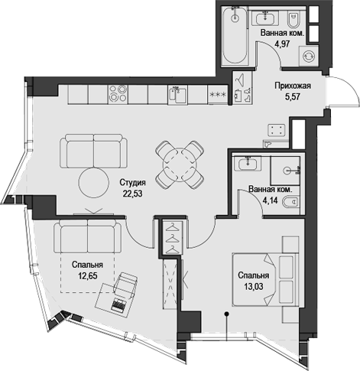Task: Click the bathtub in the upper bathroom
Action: point(235,35)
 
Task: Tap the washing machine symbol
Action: point(309,56)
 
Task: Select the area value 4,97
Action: point(282,44)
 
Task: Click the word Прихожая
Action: point(293,86)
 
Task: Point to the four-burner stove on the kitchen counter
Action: point(118,94)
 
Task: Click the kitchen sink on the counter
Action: point(177,95)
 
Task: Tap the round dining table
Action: point(180,165)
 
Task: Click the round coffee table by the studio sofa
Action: point(94,182)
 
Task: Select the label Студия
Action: point(132,183)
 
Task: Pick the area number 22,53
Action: point(132,194)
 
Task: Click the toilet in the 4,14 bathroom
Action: point(291,202)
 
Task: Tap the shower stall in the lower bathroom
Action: point(285,171)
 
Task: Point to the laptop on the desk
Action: point(118,304)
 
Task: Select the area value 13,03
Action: point(254,287)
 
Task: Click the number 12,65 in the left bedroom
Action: point(88,275)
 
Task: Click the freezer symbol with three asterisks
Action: point(218,95)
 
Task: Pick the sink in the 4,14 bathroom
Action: point(248,163)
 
